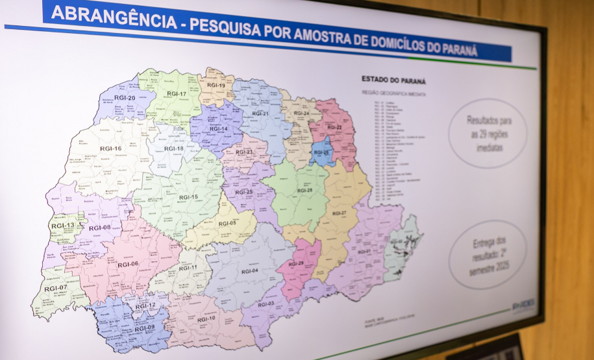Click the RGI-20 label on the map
tap(124, 98)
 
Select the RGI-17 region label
tap(176, 94)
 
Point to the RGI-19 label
tap(216, 86)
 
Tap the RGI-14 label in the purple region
tap(219, 128)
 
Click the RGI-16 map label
tap(110, 149)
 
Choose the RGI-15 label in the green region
tap(188, 197)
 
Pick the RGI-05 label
tap(227, 223)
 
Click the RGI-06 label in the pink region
tap(128, 264)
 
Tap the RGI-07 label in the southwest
tap(56, 287)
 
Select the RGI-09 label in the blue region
tap(144, 328)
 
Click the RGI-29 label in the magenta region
tap(296, 263)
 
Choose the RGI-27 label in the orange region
tap(340, 213)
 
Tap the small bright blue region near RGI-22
tap(322, 153)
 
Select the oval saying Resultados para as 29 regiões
tap(488, 133)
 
